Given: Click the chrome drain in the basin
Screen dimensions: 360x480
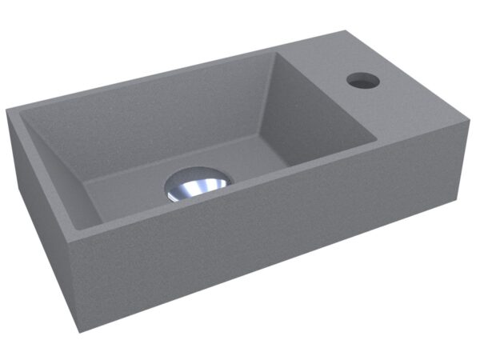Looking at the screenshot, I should pos(196,183).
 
